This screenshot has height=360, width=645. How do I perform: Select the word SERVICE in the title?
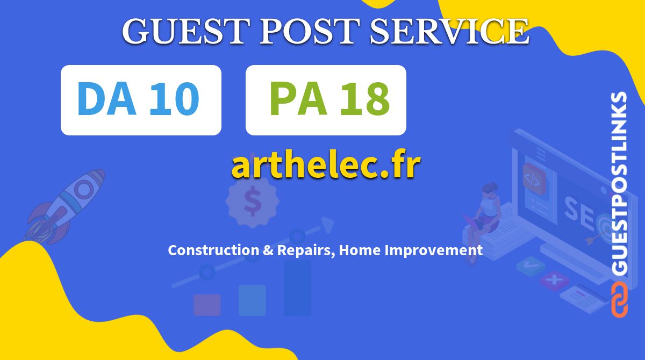pos(449,31)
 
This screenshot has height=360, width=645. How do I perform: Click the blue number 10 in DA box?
pos(174,99)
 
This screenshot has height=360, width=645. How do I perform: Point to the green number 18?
pos(365,99)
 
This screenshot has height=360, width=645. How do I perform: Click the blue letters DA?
pos(106,99)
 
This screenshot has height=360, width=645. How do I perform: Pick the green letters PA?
pos(298,99)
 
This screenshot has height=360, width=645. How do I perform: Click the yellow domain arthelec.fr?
pos(326,164)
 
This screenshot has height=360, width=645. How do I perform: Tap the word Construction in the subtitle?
pos(213,250)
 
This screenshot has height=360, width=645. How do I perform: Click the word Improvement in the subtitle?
pos(434,250)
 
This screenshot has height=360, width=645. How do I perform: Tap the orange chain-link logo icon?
pos(620,300)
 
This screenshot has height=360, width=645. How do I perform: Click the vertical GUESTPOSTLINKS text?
pos(620,183)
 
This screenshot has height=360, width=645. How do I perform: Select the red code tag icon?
pos(534,179)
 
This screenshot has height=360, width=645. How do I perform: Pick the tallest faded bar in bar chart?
pos(297,289)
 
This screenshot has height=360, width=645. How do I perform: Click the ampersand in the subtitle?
pos(268,250)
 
